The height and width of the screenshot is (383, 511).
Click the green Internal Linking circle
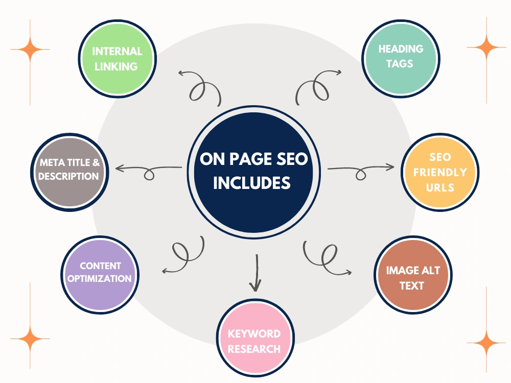click(x=118, y=59)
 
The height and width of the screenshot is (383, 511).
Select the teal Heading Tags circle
click(x=401, y=59)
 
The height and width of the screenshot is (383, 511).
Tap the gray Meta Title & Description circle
click(x=69, y=172)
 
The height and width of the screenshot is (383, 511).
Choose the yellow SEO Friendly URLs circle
click(x=440, y=172)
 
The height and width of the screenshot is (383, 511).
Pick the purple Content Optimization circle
click(x=100, y=275)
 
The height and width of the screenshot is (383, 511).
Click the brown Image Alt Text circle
click(x=413, y=275)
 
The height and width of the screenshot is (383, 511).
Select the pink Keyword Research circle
click(x=255, y=338)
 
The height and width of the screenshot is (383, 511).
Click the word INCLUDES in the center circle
click(x=251, y=183)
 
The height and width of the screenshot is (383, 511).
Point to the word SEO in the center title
click(x=292, y=159)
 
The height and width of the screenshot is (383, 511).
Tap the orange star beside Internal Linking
click(x=30, y=50)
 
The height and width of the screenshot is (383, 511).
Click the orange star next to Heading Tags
click(x=486, y=47)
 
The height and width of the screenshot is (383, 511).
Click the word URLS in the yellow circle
click(x=440, y=187)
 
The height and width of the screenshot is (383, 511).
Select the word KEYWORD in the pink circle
click(x=254, y=333)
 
